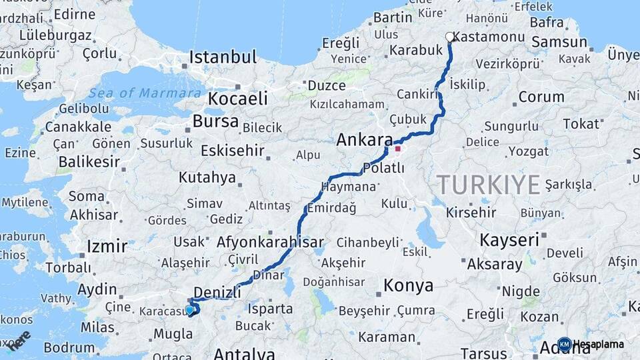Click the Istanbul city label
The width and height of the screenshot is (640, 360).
click(223, 57)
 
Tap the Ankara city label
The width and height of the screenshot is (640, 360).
click(364, 140)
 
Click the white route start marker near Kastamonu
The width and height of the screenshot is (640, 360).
click(450, 38)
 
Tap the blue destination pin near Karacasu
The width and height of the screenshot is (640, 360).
click(190, 309)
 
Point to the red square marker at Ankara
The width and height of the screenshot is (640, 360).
click(398, 149)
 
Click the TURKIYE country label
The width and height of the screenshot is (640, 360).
click(488, 184)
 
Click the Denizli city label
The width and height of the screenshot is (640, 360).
click(217, 292)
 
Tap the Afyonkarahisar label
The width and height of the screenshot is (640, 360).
click(270, 243)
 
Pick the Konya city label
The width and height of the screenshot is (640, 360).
click(408, 286)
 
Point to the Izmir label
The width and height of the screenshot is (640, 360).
click(107, 247)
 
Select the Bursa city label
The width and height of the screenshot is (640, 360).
click(215, 121)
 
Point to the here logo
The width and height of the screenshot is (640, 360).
click(19, 340)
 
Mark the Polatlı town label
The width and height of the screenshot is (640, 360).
click(384, 168)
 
